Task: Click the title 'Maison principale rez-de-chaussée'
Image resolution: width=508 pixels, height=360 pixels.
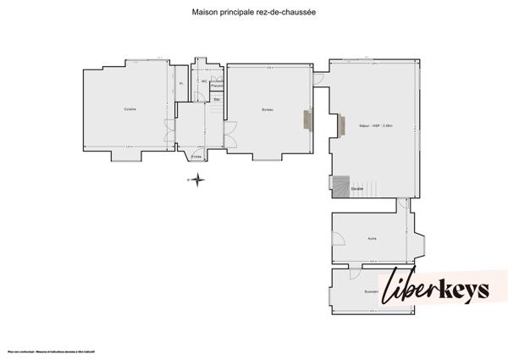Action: (x=254, y=14)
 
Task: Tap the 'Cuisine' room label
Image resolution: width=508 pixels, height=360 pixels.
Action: (x=130, y=109)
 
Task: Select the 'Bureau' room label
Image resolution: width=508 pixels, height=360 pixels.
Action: (x=267, y=110)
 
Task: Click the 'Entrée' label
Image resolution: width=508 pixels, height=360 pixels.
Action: (x=196, y=157)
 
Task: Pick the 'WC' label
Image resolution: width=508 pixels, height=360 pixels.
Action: (x=204, y=81)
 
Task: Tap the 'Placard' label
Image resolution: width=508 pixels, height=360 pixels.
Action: (x=217, y=86)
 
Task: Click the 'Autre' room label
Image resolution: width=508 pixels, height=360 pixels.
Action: (x=371, y=239)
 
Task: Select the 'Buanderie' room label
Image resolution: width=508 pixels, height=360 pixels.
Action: (x=370, y=291)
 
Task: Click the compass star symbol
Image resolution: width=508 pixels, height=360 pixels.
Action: (x=196, y=179)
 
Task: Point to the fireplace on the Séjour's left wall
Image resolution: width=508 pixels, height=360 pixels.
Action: (x=341, y=125)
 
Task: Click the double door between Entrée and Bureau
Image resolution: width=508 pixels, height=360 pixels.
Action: (x=227, y=133)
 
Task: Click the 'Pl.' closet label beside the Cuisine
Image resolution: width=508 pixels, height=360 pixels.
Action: (x=180, y=84)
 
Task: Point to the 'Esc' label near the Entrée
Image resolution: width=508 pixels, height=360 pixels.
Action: (x=217, y=100)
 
